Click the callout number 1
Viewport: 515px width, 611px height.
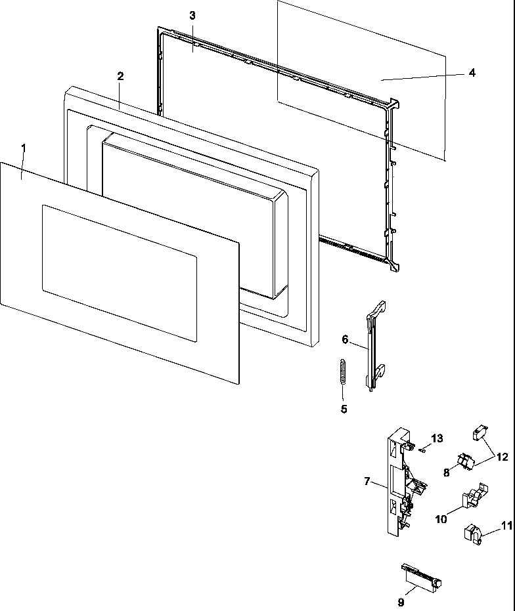pyautogui.click(x=24, y=148)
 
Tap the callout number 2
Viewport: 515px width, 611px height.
pyautogui.click(x=120, y=76)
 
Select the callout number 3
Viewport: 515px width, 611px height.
pyautogui.click(x=192, y=16)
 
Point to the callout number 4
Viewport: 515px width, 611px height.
pyautogui.click(x=472, y=73)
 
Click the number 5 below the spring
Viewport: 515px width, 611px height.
pyautogui.click(x=344, y=409)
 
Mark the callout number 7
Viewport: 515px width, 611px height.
pyautogui.click(x=367, y=481)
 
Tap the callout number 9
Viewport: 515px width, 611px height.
pyautogui.click(x=401, y=601)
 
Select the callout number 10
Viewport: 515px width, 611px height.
pyautogui.click(x=441, y=518)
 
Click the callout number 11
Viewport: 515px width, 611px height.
pyautogui.click(x=505, y=525)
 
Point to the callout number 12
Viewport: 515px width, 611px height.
pyautogui.click(x=502, y=456)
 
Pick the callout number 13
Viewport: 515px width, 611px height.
pyautogui.click(x=437, y=438)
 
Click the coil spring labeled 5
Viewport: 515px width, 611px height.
pyautogui.click(x=342, y=377)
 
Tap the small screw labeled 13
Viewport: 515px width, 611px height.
pyautogui.click(x=424, y=450)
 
